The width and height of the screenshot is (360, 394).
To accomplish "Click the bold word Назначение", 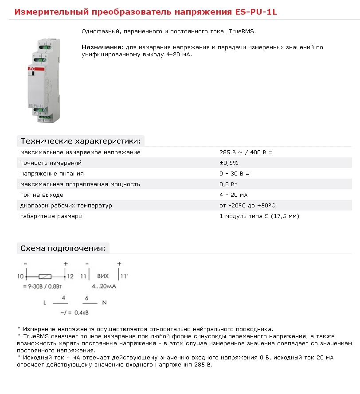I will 102,47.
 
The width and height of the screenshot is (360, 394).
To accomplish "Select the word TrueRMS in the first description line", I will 242,32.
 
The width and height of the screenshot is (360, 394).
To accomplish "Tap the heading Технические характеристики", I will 80,141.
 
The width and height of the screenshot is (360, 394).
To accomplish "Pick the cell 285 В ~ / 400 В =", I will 246,152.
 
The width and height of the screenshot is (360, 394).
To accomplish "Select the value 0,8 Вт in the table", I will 228,184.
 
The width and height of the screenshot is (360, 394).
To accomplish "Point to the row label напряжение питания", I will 52,174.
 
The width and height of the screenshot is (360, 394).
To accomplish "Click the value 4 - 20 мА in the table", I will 233,195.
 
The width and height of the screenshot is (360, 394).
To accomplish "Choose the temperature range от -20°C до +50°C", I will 247,206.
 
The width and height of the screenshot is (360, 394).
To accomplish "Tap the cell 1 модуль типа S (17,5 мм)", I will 259,216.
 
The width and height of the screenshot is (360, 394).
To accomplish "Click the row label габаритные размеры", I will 51,216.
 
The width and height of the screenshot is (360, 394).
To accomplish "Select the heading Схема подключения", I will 63,248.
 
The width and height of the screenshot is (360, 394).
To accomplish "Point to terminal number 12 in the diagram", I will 70,277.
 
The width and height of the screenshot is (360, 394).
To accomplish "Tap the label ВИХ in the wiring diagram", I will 103,276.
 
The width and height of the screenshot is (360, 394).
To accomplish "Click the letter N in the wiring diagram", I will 105,303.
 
